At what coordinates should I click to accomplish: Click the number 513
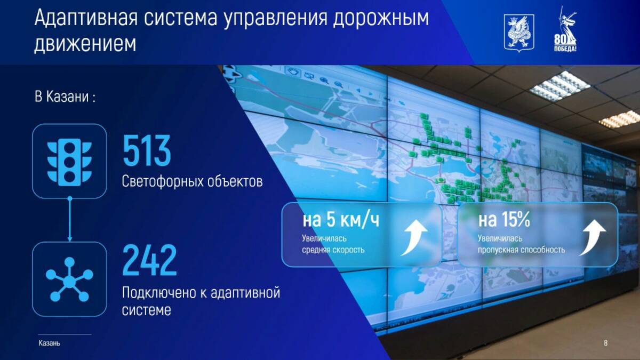(x=147, y=150)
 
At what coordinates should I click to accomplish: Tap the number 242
(x=150, y=260)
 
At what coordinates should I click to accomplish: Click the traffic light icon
(x=69, y=162)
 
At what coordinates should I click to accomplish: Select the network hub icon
(x=69, y=279)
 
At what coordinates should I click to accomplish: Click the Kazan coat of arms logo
(x=519, y=34)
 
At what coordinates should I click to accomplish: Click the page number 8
(x=605, y=343)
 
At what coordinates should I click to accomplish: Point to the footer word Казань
(x=50, y=343)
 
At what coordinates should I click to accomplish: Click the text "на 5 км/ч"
(x=341, y=220)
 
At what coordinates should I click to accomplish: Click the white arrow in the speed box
(x=414, y=237)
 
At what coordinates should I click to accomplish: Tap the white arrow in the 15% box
(x=592, y=237)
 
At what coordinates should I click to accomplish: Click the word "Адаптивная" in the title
(x=86, y=18)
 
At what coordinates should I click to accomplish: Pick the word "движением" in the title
(x=85, y=44)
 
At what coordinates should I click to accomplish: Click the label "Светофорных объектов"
(x=193, y=181)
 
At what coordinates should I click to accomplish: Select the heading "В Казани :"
(x=65, y=97)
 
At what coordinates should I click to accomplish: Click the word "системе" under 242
(x=147, y=310)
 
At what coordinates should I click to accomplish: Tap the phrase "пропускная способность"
(x=522, y=250)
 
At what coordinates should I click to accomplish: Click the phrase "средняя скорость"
(x=333, y=250)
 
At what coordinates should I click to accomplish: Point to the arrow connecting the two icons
(x=70, y=219)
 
